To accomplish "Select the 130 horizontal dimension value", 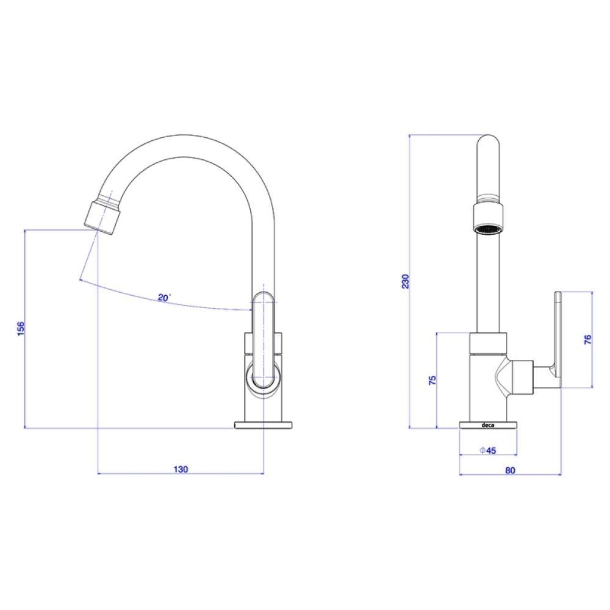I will [x=181, y=469].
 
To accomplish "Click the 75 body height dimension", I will [x=432, y=381].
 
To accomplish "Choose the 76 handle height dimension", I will [x=587, y=340].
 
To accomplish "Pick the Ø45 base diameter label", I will [x=488, y=451].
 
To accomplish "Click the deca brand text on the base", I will [x=489, y=426].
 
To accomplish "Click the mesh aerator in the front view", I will [x=488, y=230].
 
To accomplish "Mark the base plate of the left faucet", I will [x=264, y=426].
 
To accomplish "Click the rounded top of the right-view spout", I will [x=488, y=143].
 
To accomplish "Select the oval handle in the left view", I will [x=264, y=339].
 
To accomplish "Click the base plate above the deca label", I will [x=489, y=421].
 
